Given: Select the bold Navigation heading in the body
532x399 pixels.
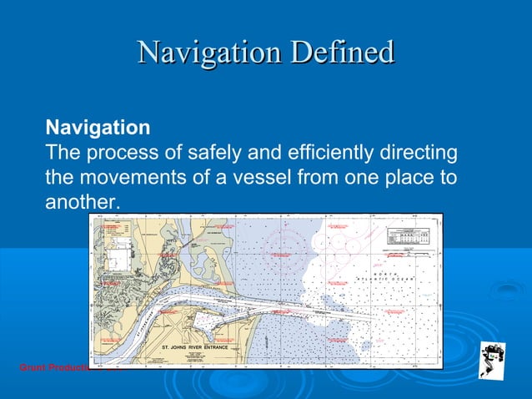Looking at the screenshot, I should pyautogui.click(x=98, y=129).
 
